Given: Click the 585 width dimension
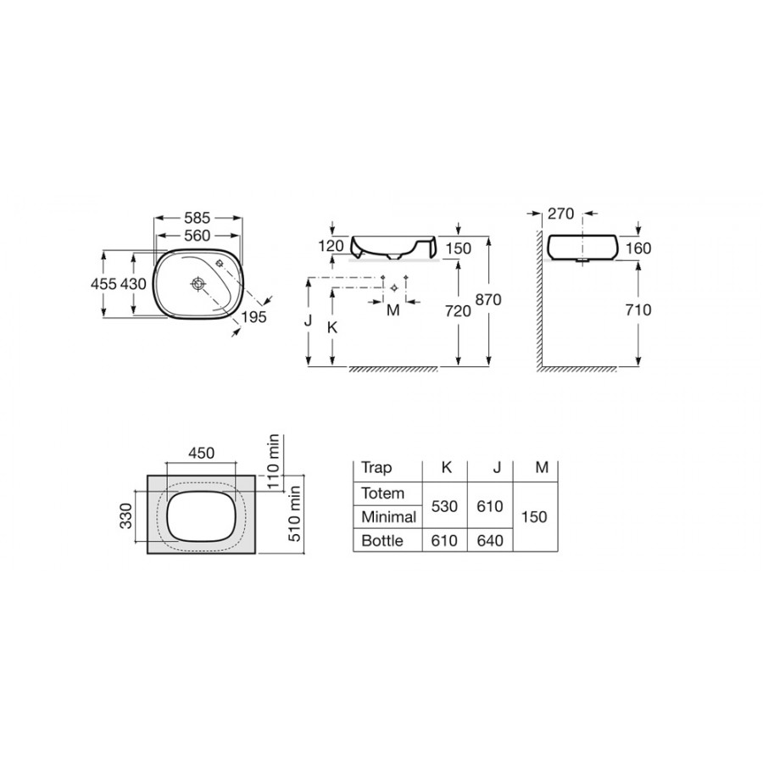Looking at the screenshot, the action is pyautogui.click(x=197, y=218).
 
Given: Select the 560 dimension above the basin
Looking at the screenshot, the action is pyautogui.click(x=197, y=236).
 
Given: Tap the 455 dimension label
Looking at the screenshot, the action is pyautogui.click(x=103, y=284).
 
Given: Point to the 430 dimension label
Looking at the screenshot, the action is pyautogui.click(x=133, y=284).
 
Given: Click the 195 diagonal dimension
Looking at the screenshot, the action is pyautogui.click(x=254, y=317).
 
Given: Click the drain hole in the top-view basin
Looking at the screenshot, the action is pyautogui.click(x=198, y=283).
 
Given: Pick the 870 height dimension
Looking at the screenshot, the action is pyautogui.click(x=488, y=300).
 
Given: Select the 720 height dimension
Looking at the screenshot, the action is pyautogui.click(x=458, y=311).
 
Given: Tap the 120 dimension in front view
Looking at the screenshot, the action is pyautogui.click(x=331, y=246).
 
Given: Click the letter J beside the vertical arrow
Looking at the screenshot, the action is pyautogui.click(x=308, y=320).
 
